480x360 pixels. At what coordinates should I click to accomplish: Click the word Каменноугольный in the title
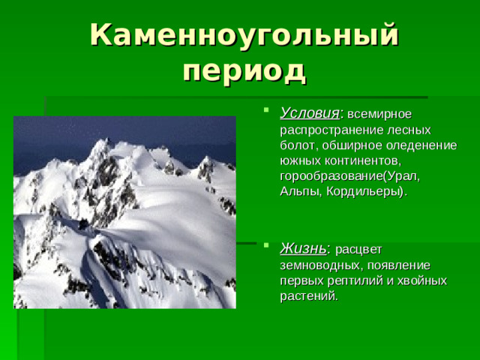(244, 36)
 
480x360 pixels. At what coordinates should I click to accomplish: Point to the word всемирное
(379, 114)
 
